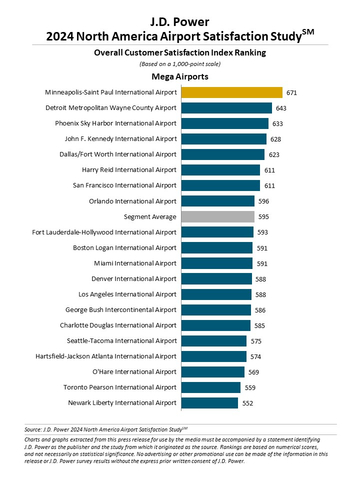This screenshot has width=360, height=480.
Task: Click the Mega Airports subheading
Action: tap(180, 75)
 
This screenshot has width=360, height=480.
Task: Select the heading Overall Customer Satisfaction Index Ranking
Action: tap(180, 49)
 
